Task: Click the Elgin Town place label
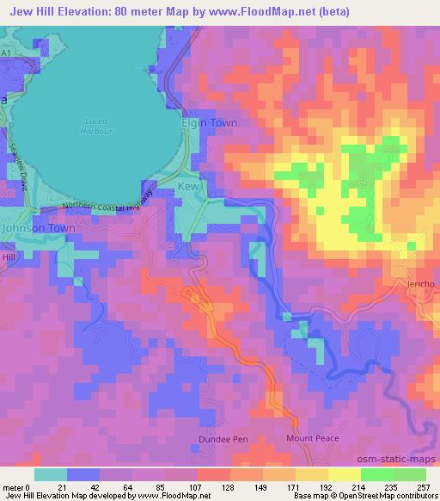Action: click(209, 123)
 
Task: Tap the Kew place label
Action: click(187, 187)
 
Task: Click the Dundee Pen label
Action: click(229, 439)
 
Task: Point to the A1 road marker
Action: click(6, 53)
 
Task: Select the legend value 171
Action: click(281, 486)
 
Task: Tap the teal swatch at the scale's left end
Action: click(50, 474)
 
